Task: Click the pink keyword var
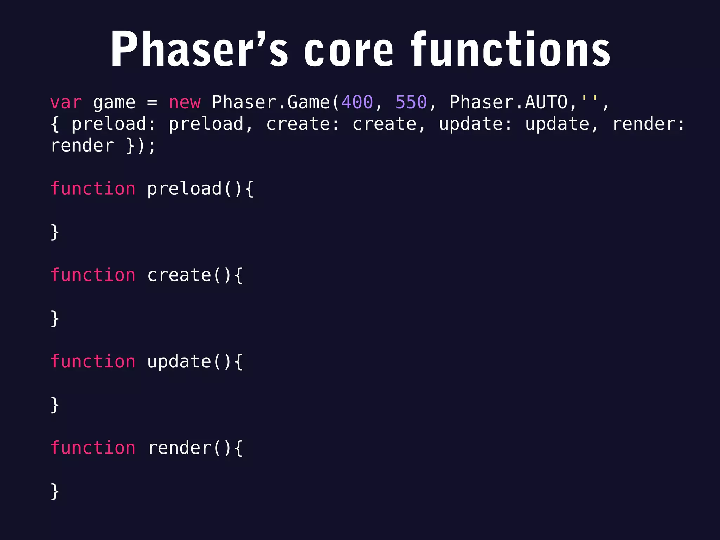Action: point(66,103)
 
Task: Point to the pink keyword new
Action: point(185,103)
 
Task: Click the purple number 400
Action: point(357,103)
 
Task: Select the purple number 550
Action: point(411,103)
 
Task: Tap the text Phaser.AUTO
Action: point(508,103)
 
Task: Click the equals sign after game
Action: point(152,103)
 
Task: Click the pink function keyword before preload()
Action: point(93,188)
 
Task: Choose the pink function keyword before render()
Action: point(93,448)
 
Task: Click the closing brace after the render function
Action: point(55,491)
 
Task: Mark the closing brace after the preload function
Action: point(55,232)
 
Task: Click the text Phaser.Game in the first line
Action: point(271,103)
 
